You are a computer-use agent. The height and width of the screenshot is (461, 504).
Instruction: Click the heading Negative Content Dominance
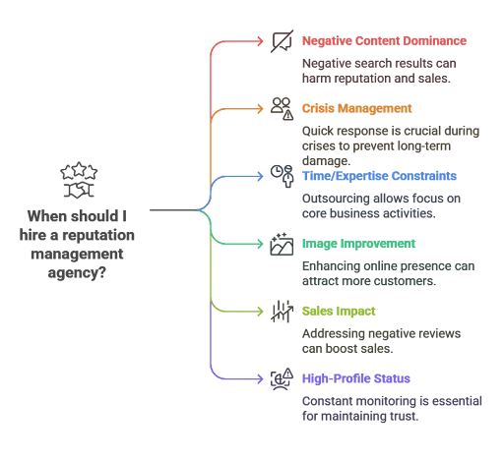pos(384,41)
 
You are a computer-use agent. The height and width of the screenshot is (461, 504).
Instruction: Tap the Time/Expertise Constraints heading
pos(379,176)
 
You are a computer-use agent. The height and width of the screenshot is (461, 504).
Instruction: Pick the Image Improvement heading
pos(358,243)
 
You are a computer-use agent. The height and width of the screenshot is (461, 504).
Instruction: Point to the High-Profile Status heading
pos(356,377)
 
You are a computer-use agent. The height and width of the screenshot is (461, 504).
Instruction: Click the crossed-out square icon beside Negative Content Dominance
pos(282,41)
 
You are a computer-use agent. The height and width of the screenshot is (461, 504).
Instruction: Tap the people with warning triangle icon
pos(282,108)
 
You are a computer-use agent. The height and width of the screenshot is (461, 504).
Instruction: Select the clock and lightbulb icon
pos(282,176)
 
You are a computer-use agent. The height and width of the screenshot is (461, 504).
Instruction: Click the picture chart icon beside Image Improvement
pos(282,244)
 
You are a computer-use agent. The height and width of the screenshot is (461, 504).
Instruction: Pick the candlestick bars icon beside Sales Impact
pos(282,311)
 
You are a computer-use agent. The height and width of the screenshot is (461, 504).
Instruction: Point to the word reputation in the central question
pos(104,237)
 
